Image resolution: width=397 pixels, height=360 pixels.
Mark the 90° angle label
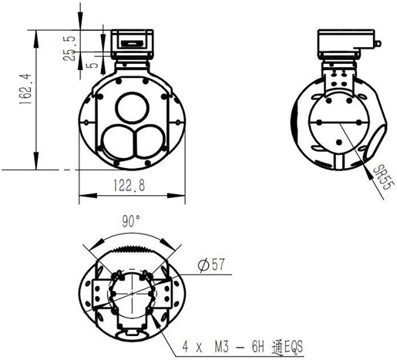[x=132, y=220]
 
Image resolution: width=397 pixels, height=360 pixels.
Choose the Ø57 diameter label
[x=210, y=264]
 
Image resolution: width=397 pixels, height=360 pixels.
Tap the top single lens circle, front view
[x=133, y=104]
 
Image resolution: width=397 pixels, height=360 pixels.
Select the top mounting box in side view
[x=345, y=45]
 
